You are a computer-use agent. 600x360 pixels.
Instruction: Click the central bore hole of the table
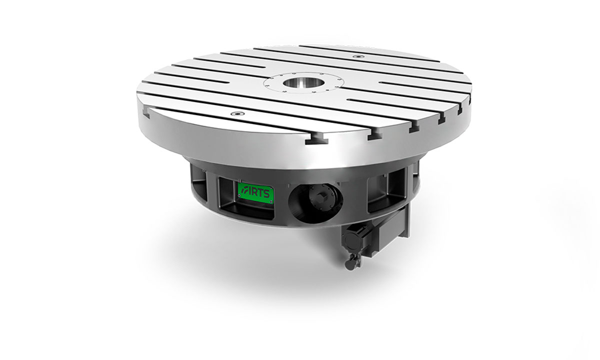click(x=302, y=83)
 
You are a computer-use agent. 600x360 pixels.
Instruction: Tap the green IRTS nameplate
click(x=256, y=192)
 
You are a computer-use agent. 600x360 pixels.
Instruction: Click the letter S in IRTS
click(x=265, y=193)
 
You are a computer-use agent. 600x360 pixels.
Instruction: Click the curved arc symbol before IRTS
click(x=243, y=190)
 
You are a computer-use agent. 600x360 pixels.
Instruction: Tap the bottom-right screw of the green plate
click(x=271, y=201)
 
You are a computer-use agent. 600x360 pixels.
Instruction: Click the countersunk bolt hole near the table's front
click(x=237, y=113)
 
